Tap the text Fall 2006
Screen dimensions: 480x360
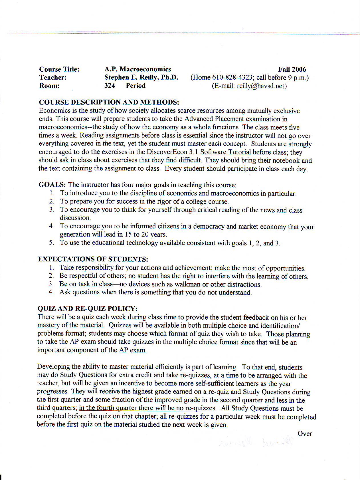point(292,69)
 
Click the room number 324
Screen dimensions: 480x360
point(110,86)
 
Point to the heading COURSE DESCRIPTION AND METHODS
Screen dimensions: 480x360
point(109,102)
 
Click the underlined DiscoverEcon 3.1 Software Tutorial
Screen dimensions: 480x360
point(199,152)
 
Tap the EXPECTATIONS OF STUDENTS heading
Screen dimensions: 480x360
point(93,259)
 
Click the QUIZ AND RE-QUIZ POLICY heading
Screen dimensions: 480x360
point(88,308)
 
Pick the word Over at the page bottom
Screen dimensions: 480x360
point(305,433)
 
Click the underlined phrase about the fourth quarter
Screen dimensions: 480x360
point(147,408)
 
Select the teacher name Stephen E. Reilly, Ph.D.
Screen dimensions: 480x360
point(141,77)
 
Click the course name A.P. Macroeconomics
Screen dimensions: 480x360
point(138,69)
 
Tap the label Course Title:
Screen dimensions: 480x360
point(59,69)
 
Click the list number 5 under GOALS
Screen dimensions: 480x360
point(51,243)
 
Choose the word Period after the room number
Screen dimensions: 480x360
point(135,86)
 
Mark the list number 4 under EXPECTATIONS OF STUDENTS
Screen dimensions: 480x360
point(51,292)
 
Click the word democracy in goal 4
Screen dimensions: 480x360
point(209,226)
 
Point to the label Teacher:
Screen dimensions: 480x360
point(53,78)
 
